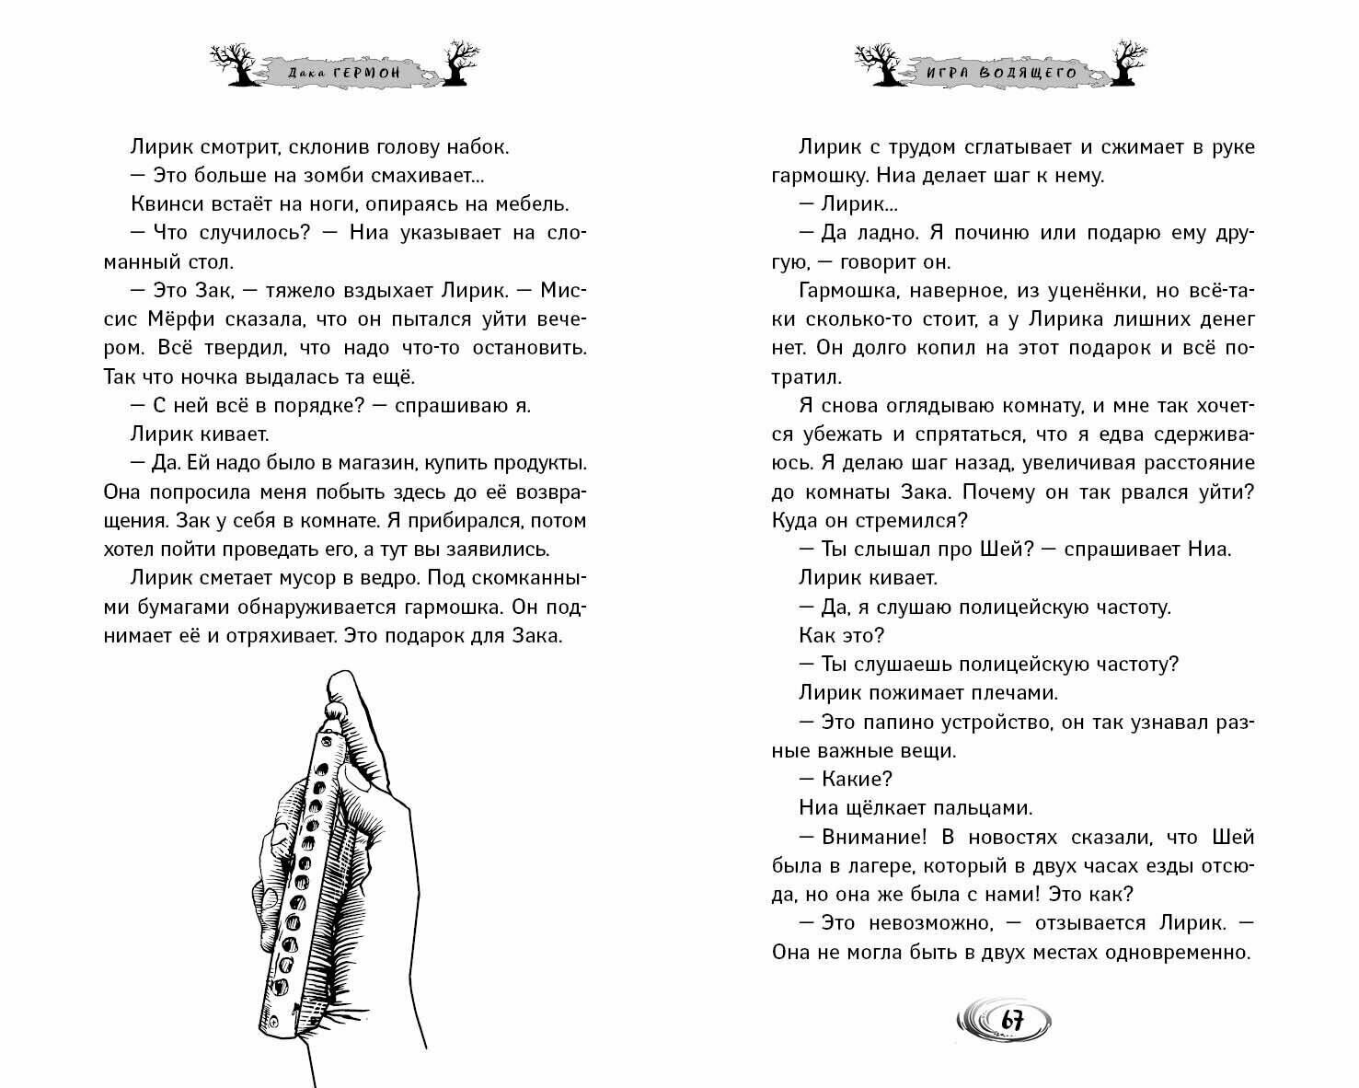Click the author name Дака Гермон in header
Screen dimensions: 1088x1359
[x=340, y=71]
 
